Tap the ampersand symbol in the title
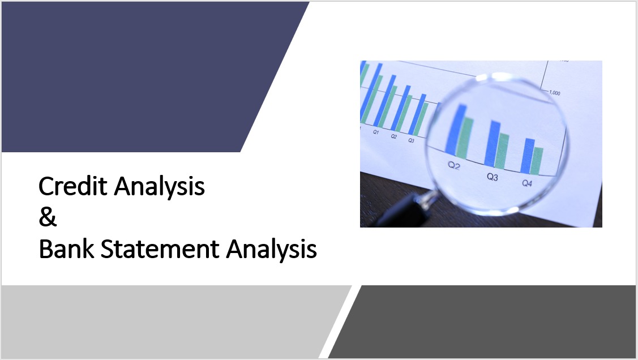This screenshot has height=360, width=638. [x=48, y=217]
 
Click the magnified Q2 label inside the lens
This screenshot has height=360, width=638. [x=453, y=165]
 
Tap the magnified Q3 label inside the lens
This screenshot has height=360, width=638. [x=493, y=177]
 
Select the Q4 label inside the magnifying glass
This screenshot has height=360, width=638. [x=527, y=183]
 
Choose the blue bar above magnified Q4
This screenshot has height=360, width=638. [x=528, y=156]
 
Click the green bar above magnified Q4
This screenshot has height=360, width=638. [x=537, y=161]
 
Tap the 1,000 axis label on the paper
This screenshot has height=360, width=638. [x=554, y=92]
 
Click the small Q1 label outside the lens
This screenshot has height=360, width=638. [x=376, y=132]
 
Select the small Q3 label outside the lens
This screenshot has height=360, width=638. [x=411, y=140]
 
